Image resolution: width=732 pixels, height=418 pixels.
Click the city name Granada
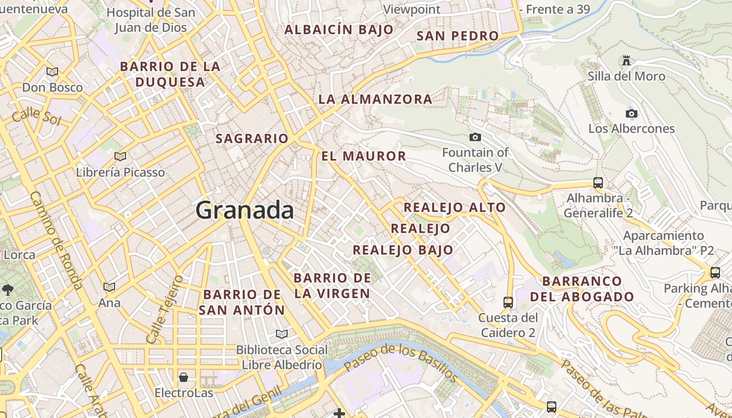[244, 210]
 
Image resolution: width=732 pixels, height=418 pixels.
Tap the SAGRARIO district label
[252, 138]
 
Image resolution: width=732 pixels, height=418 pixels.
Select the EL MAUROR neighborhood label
[363, 156]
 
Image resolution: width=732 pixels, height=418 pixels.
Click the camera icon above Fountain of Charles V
[475, 137]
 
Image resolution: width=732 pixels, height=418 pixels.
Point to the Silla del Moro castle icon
[626, 61]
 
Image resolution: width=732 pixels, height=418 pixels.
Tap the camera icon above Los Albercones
[631, 113]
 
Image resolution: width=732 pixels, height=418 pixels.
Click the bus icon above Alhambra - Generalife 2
[598, 183]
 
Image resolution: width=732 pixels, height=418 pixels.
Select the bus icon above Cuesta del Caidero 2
[508, 302]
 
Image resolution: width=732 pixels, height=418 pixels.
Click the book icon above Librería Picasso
[120, 156]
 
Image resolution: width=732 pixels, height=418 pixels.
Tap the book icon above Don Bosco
[52, 72]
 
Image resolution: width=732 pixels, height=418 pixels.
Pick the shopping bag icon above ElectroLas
[184, 377]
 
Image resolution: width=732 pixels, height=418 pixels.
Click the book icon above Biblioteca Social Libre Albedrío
[281, 334]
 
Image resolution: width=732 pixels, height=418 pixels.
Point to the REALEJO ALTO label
[454, 207]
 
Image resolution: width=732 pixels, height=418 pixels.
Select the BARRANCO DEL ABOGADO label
[582, 289]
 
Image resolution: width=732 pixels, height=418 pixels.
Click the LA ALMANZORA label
[375, 99]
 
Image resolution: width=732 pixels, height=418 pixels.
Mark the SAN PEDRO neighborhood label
[458, 36]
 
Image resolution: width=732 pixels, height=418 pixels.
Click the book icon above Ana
[109, 287]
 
